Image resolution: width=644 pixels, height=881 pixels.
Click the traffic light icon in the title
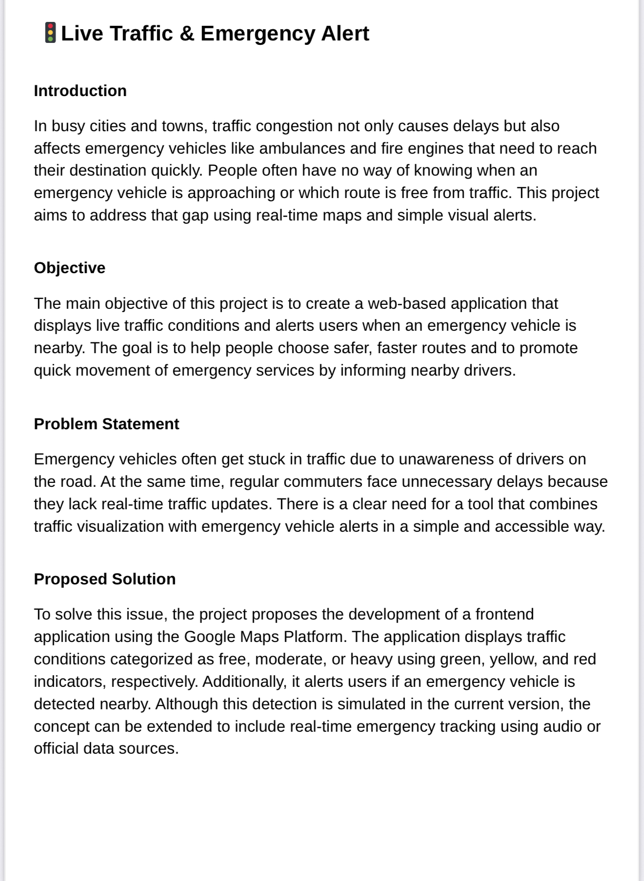[x=50, y=33]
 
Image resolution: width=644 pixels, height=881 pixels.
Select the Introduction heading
[x=80, y=91]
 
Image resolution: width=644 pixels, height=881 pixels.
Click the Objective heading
[x=69, y=268]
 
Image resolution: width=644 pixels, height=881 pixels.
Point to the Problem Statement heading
[x=106, y=424]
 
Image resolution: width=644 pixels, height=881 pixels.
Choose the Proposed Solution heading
[x=104, y=579]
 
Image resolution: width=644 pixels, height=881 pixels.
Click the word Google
[x=209, y=637]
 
